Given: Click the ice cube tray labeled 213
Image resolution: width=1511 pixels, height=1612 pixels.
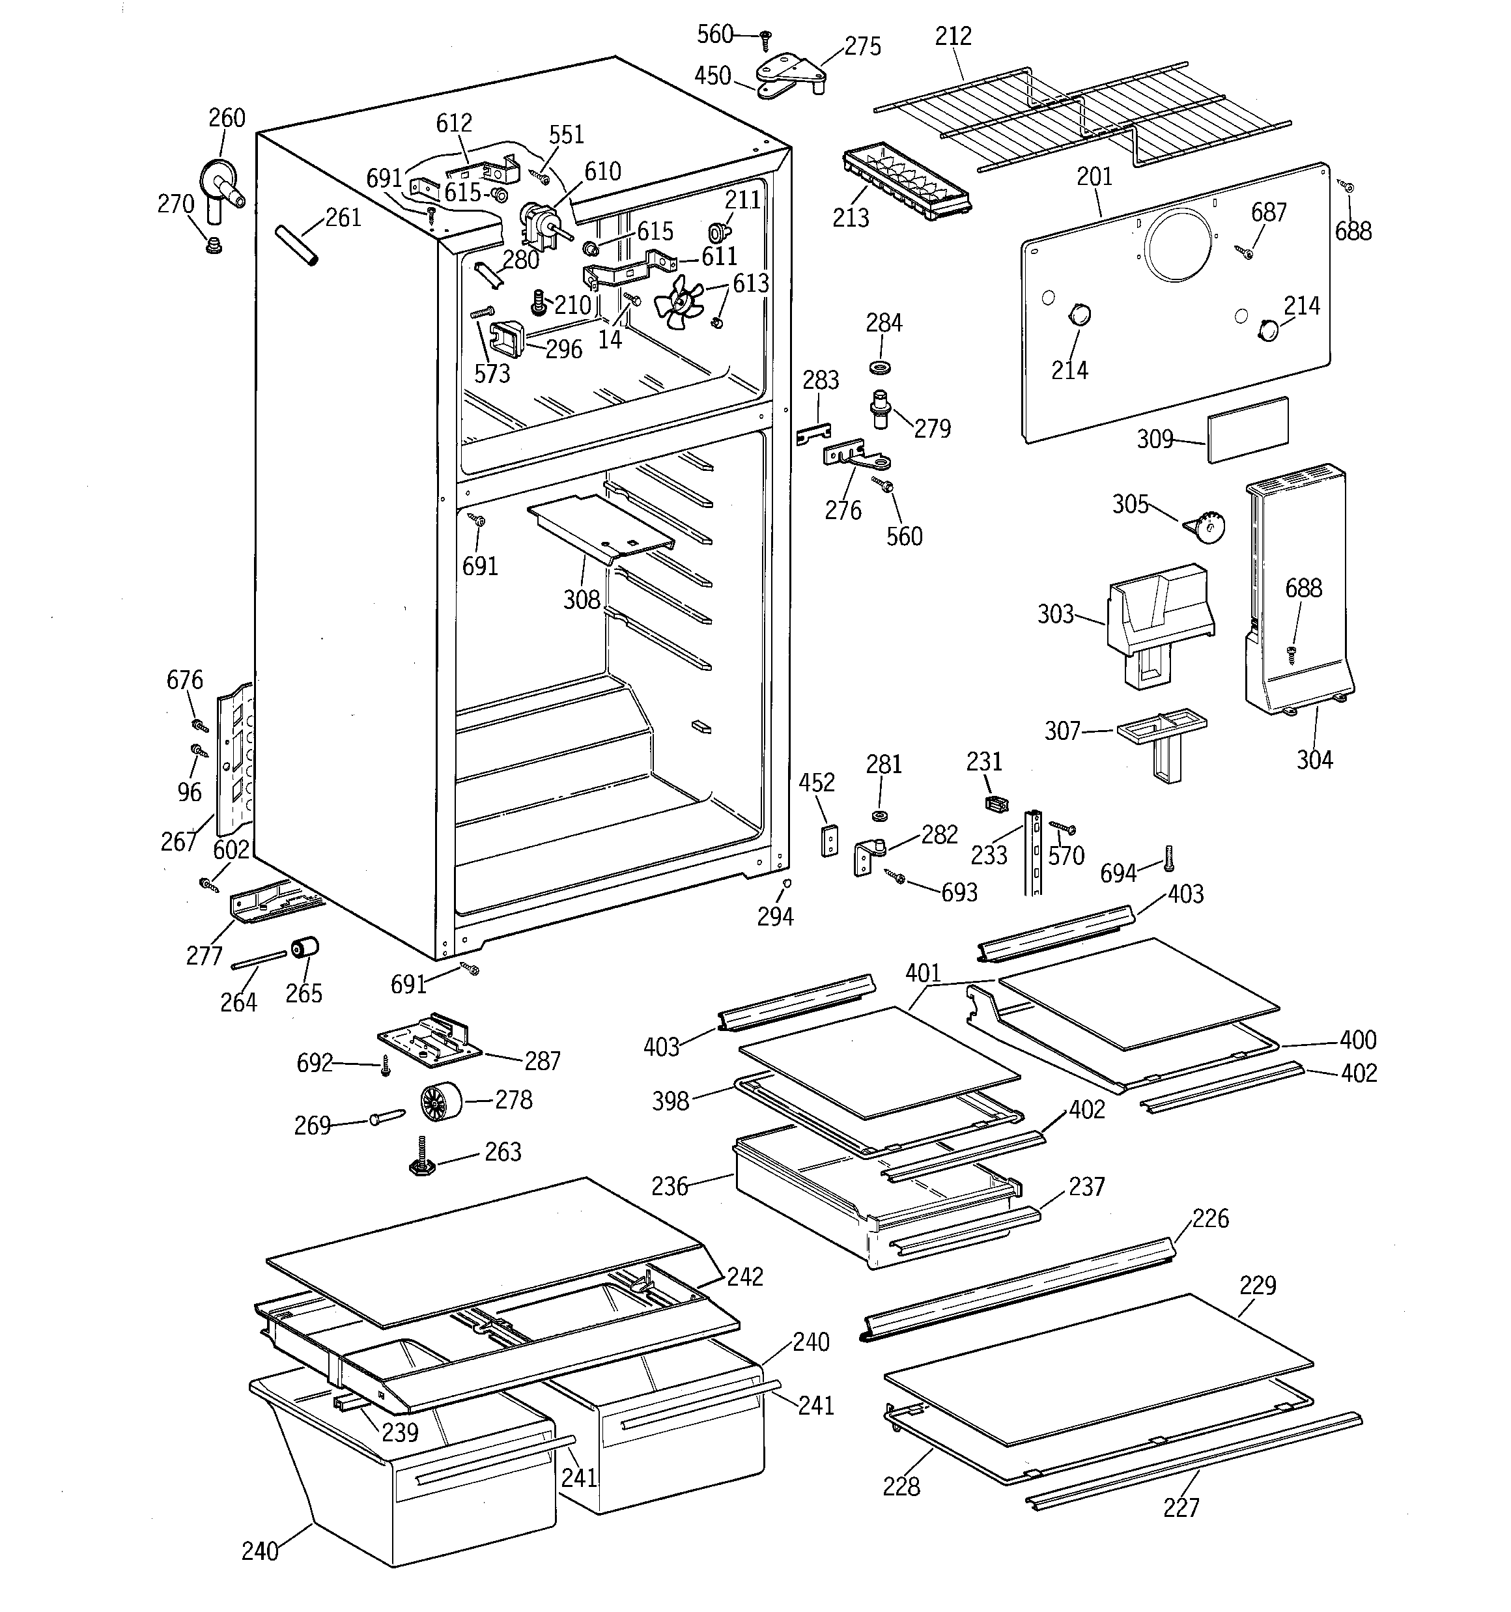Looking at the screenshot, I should click(x=906, y=182).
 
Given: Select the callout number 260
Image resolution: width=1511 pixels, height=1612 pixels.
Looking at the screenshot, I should click(x=227, y=119).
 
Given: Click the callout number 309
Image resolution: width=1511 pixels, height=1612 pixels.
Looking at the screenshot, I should click(x=1155, y=440).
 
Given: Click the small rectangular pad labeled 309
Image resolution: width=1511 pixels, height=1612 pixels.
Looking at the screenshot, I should click(x=1247, y=430).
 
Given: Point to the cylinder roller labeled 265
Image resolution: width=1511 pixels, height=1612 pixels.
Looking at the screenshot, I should click(x=305, y=946).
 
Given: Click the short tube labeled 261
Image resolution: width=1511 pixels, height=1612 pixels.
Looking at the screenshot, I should click(x=296, y=244).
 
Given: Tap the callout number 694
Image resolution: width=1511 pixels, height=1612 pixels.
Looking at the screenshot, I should click(x=1118, y=873).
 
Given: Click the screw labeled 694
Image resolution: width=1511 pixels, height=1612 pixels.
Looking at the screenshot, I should click(x=1168, y=858).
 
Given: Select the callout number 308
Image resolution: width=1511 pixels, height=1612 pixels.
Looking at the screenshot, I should click(x=582, y=600).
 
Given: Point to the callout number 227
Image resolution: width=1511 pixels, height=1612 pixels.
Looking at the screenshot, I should click(x=1181, y=1507).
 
